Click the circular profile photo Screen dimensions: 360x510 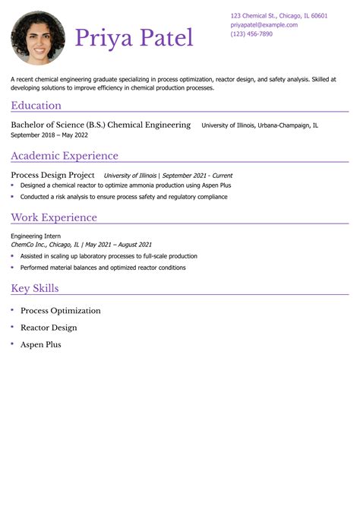click(x=38, y=38)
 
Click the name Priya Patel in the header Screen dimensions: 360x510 click(x=134, y=38)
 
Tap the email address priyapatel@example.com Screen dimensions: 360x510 click(x=264, y=25)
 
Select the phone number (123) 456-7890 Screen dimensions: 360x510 click(x=251, y=34)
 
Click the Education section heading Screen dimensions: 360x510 click(x=36, y=106)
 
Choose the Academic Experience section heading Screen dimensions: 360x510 click(x=65, y=156)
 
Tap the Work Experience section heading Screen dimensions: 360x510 click(x=54, y=217)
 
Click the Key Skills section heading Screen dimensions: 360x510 click(x=35, y=288)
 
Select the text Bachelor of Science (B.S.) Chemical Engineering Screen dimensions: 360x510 click(x=101, y=125)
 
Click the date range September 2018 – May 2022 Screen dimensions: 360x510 click(x=49, y=135)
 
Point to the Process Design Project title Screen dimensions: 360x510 click(x=52, y=175)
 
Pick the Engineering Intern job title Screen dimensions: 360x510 click(x=36, y=236)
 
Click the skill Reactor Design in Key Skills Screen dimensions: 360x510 click(x=49, y=328)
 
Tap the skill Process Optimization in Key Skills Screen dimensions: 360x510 click(x=60, y=311)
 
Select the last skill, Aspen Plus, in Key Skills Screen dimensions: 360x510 click(x=40, y=344)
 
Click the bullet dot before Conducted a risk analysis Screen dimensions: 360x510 click(x=12, y=196)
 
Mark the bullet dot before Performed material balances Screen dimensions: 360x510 click(x=12, y=268)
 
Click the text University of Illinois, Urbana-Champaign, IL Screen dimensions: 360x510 click(x=260, y=125)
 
